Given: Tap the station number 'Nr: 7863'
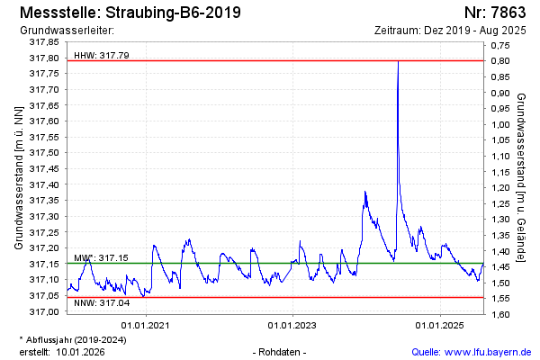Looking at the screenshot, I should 495,13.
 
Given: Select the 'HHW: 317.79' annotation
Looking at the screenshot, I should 102,55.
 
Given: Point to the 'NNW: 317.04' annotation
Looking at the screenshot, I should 101,303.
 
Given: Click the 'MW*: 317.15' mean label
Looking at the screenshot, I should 101,258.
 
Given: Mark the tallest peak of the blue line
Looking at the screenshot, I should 398,61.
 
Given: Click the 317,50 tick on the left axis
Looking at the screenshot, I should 44,153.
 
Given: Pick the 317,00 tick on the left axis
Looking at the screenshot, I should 44,312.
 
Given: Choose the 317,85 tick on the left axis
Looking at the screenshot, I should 44,42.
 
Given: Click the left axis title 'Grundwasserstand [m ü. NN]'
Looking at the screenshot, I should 19,176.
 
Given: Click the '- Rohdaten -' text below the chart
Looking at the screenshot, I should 282,352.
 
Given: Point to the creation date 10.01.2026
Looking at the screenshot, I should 80,352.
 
